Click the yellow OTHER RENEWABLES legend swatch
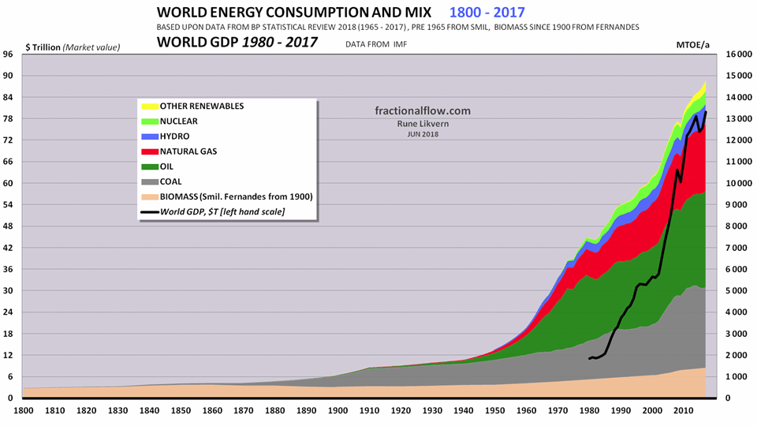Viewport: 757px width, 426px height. (150, 106)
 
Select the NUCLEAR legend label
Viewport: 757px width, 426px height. (180, 121)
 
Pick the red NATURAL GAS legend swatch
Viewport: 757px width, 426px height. (150, 151)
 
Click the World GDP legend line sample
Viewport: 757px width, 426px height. (150, 211)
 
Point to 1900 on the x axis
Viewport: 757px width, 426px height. (337, 411)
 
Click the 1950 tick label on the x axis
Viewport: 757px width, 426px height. (494, 411)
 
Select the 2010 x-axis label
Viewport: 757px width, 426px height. (682, 411)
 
